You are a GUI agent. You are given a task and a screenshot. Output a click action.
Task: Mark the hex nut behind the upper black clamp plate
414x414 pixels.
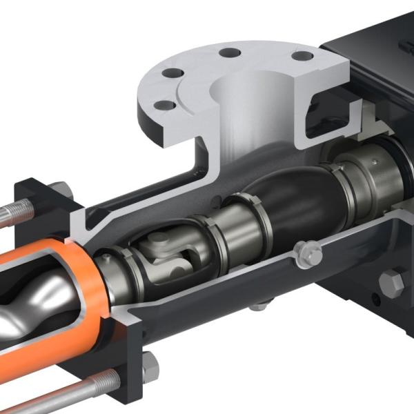tap(61, 189)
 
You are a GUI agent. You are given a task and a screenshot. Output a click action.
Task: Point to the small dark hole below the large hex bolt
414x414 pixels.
tap(377, 302)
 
